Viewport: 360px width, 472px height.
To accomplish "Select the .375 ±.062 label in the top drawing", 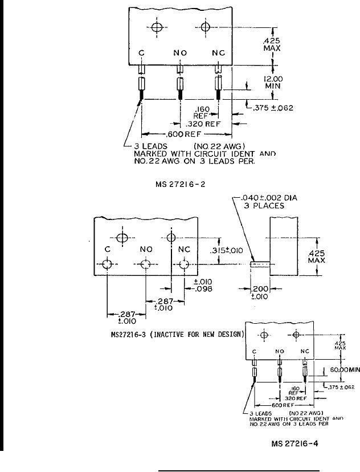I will tap(272, 108).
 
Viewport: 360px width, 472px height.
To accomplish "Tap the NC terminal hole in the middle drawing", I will tap(184, 265).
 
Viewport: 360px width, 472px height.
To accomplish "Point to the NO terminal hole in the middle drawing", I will tap(146, 265).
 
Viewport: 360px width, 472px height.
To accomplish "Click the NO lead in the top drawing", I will tap(180, 84).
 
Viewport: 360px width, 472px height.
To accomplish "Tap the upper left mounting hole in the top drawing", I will tap(157, 27).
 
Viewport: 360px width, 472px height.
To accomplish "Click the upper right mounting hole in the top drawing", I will tap(206, 27).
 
